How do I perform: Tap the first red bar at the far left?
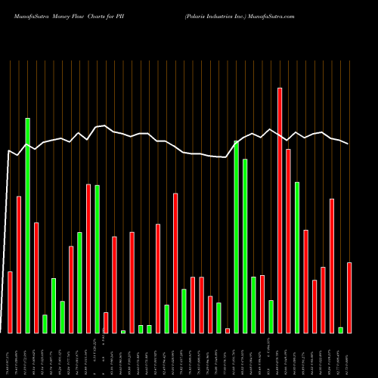coord(11,302)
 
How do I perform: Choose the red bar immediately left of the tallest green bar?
coord(19,265)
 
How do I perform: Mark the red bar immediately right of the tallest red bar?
coord(288,241)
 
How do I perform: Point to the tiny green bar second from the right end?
coord(340,330)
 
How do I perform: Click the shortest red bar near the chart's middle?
coord(228,330)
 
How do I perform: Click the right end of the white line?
coord(349,144)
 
